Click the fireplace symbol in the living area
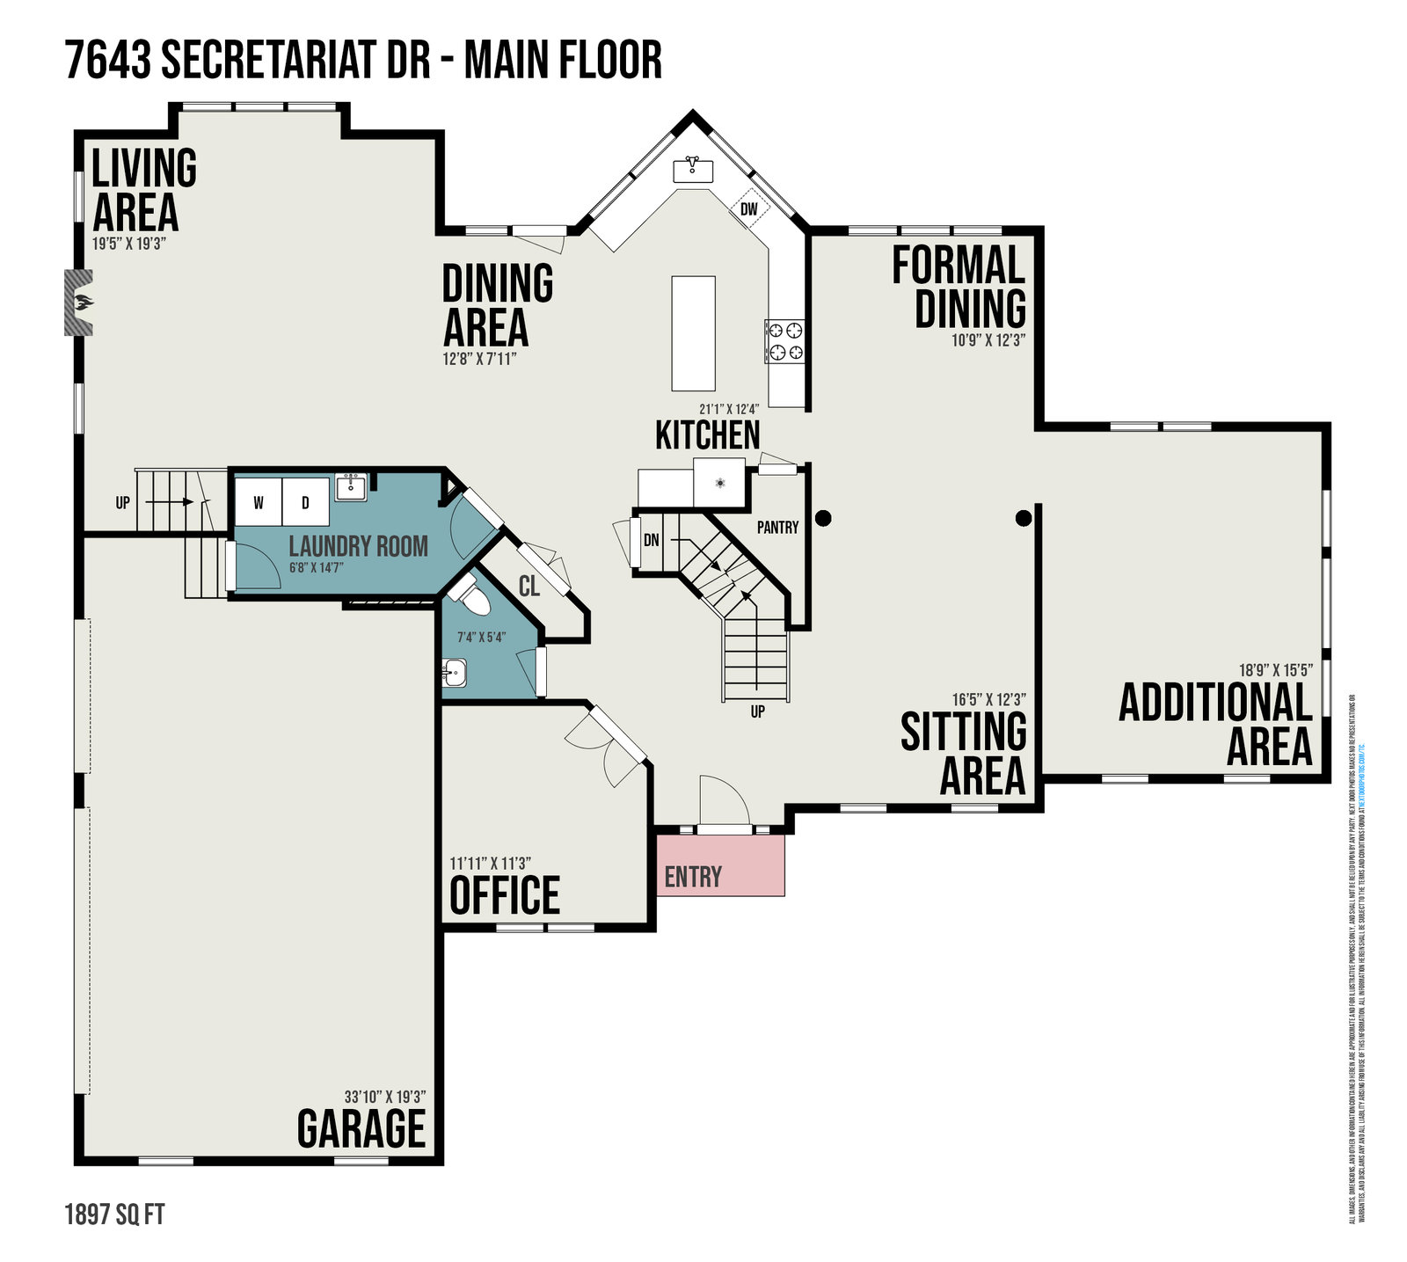79,303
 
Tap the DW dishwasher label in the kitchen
749,209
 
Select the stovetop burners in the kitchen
784,341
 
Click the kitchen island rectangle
693,333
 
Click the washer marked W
259,503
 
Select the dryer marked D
305,503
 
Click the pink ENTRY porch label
693,877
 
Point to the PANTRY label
777,527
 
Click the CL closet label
529,586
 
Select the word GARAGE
361,1128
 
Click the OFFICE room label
505,896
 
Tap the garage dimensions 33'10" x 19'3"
385,1097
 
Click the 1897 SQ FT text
114,1215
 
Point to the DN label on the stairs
652,540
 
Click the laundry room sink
351,487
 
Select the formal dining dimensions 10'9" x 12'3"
988,339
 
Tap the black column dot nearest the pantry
823,519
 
